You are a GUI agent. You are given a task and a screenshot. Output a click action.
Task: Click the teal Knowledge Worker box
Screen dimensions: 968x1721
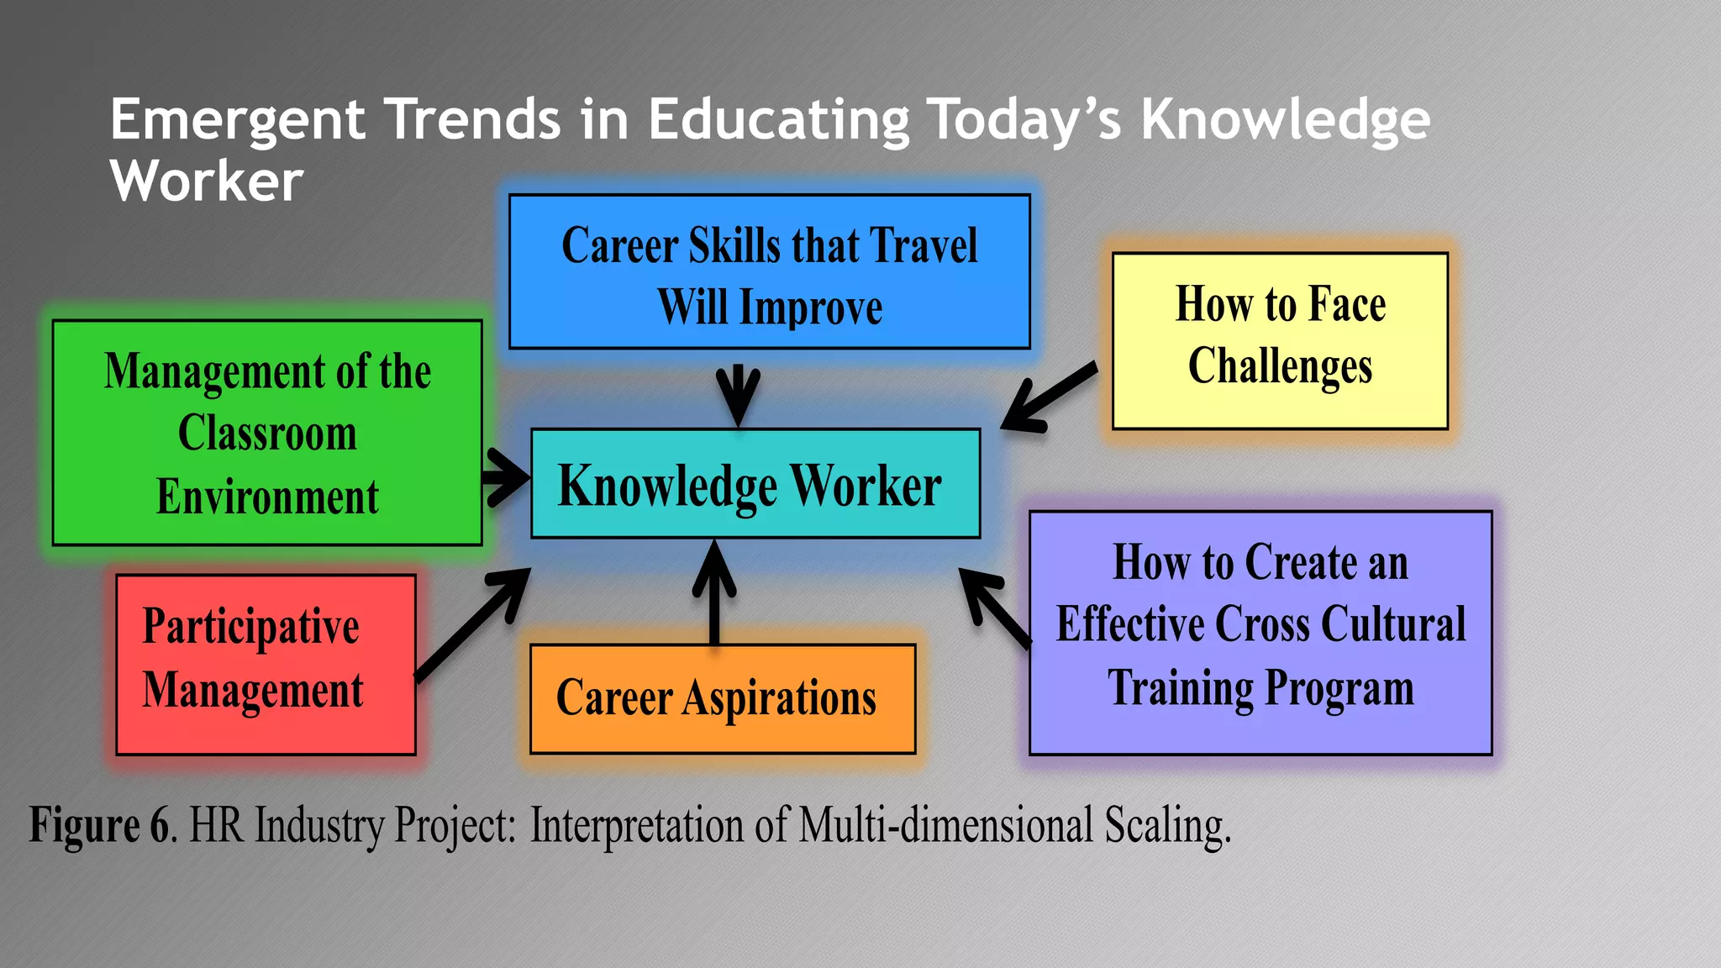755,484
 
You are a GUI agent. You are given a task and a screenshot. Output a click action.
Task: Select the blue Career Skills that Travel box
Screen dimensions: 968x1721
769,271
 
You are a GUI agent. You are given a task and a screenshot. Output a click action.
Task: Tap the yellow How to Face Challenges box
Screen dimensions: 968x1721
1280,340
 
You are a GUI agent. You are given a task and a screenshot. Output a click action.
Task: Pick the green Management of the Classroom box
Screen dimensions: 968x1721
267,433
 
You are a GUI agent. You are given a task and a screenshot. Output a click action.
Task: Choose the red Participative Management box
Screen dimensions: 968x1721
266,664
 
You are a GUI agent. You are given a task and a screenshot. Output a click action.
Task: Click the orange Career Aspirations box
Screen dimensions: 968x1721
722,698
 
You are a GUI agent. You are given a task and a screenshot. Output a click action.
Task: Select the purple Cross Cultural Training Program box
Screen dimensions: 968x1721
1260,632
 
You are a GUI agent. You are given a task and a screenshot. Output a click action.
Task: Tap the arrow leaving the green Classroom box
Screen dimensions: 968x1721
506,477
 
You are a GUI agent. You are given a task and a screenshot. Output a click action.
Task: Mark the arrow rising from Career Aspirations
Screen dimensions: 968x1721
714,592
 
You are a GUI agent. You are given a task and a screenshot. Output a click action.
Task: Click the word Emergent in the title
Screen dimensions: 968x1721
237,120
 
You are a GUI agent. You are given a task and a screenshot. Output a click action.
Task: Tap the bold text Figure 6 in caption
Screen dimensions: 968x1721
99,824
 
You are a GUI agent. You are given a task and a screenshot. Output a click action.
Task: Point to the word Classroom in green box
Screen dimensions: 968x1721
267,434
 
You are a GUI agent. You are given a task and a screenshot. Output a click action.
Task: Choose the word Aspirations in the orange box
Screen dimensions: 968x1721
779,699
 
